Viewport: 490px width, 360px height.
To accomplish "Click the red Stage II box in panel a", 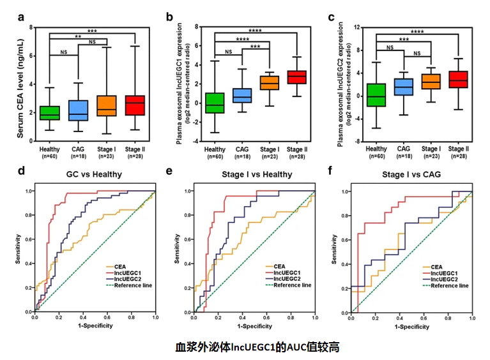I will (x=135, y=105).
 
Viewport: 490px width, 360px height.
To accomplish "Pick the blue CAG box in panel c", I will (x=404, y=87).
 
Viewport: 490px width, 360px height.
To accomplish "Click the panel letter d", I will (x=22, y=172).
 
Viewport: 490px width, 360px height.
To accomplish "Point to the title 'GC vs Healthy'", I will (x=95, y=173).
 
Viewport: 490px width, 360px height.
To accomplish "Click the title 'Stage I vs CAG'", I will (x=412, y=173).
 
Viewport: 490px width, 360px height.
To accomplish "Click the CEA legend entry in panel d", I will (x=118, y=266).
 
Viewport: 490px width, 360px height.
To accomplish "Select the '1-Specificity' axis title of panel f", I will (x=411, y=327).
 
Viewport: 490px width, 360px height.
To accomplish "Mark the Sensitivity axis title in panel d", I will (x=19, y=251).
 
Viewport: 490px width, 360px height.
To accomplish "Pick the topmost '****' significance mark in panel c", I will (x=417, y=32).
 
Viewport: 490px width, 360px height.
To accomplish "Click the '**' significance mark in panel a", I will (x=78, y=37).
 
